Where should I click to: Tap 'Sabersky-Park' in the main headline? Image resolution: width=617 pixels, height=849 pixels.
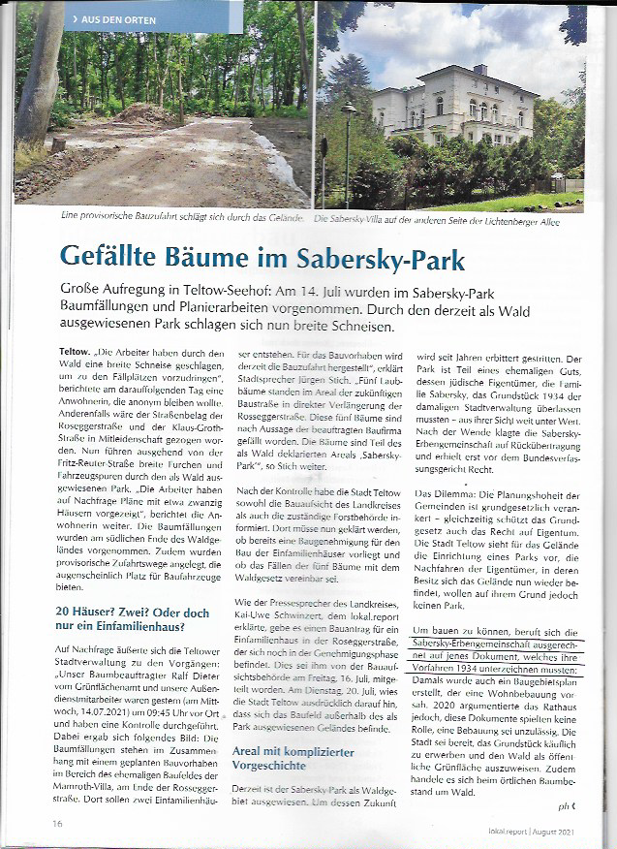pyautogui.click(x=379, y=258)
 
